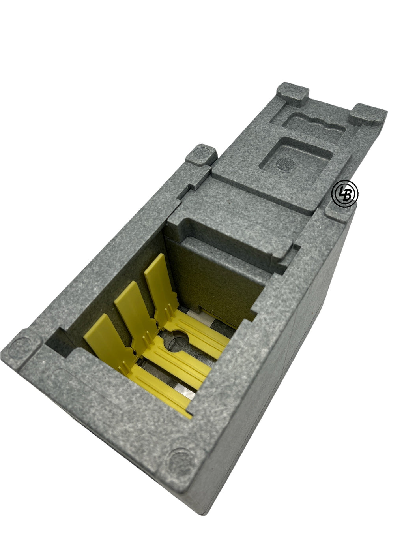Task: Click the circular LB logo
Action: coord(344,194)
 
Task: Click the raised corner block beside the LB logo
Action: coord(340,210)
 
